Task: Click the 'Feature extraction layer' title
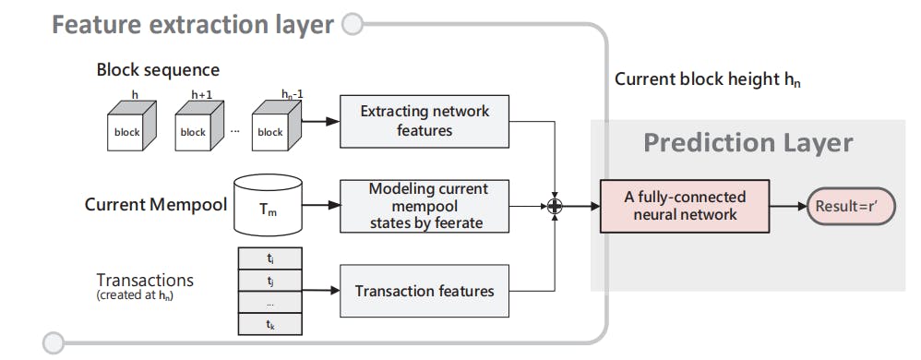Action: [x=192, y=24]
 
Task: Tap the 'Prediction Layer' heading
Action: [x=748, y=143]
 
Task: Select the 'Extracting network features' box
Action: [x=424, y=121]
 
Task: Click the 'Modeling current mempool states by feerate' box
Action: [x=424, y=204]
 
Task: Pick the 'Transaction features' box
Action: [x=424, y=291]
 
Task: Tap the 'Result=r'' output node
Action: [x=849, y=206]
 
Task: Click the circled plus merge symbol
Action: [x=554, y=206]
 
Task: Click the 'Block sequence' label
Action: [x=158, y=70]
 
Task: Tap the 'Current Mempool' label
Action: [x=156, y=204]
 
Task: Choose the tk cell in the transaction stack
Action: [x=269, y=325]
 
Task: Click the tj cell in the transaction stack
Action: [x=269, y=280]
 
